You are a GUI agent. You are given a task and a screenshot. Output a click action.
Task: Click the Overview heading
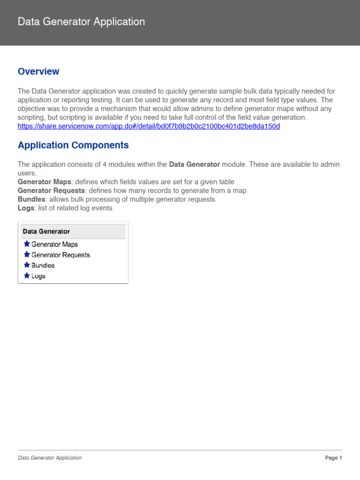click(38, 71)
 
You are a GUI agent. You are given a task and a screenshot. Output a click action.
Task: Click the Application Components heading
click(73, 145)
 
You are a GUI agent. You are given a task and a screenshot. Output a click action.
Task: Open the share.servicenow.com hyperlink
click(149, 127)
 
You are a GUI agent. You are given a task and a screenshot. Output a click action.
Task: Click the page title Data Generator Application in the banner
click(81, 22)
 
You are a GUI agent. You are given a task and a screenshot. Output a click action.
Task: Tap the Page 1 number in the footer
click(333, 458)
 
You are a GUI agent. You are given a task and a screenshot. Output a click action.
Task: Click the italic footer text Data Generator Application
click(50, 458)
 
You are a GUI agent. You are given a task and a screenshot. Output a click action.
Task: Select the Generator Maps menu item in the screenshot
click(54, 244)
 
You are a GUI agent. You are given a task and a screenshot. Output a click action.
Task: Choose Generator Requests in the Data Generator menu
click(60, 255)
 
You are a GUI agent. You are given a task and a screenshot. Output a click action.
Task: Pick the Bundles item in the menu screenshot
click(43, 265)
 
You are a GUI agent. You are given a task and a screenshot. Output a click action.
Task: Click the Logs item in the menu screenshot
click(38, 276)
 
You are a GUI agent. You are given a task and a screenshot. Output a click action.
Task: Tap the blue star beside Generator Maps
click(27, 244)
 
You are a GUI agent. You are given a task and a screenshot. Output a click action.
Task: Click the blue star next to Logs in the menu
click(27, 276)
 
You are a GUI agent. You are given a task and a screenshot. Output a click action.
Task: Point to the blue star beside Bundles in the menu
click(27, 265)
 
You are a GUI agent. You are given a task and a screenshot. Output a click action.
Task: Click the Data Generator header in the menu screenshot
click(46, 232)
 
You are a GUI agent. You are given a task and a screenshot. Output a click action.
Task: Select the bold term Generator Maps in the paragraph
click(45, 182)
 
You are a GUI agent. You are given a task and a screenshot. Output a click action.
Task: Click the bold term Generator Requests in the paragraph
click(51, 191)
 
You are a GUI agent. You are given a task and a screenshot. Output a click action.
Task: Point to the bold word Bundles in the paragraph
click(31, 199)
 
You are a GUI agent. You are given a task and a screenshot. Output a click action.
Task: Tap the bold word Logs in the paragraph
click(26, 208)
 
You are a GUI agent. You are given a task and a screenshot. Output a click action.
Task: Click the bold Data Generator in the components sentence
click(194, 165)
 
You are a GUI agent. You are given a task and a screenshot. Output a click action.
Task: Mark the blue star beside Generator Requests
click(27, 255)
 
